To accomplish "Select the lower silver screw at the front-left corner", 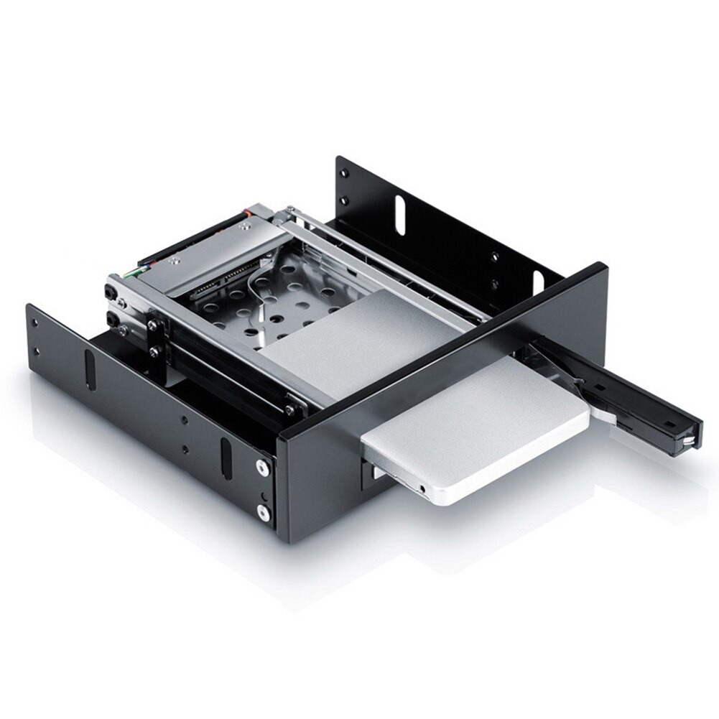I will pos(264,511).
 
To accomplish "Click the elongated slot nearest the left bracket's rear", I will pos(90,367).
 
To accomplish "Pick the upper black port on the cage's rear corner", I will pos(112,292).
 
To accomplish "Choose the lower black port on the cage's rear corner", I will pos(113,317).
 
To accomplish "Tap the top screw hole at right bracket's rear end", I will pos(343,172).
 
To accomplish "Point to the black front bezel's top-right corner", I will pos(602,267).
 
